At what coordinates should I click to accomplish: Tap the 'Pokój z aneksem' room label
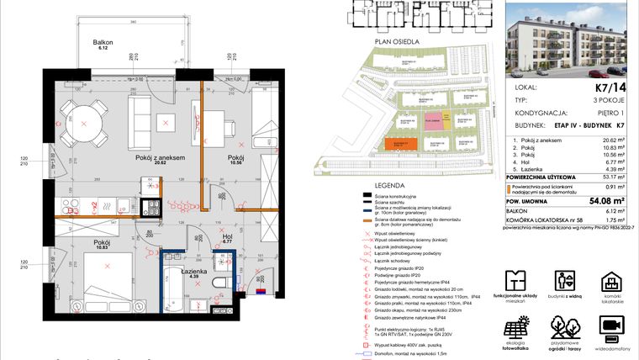coord(160,157)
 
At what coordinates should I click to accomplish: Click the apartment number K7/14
coord(610,86)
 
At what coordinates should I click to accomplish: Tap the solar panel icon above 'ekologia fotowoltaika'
coord(515,326)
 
